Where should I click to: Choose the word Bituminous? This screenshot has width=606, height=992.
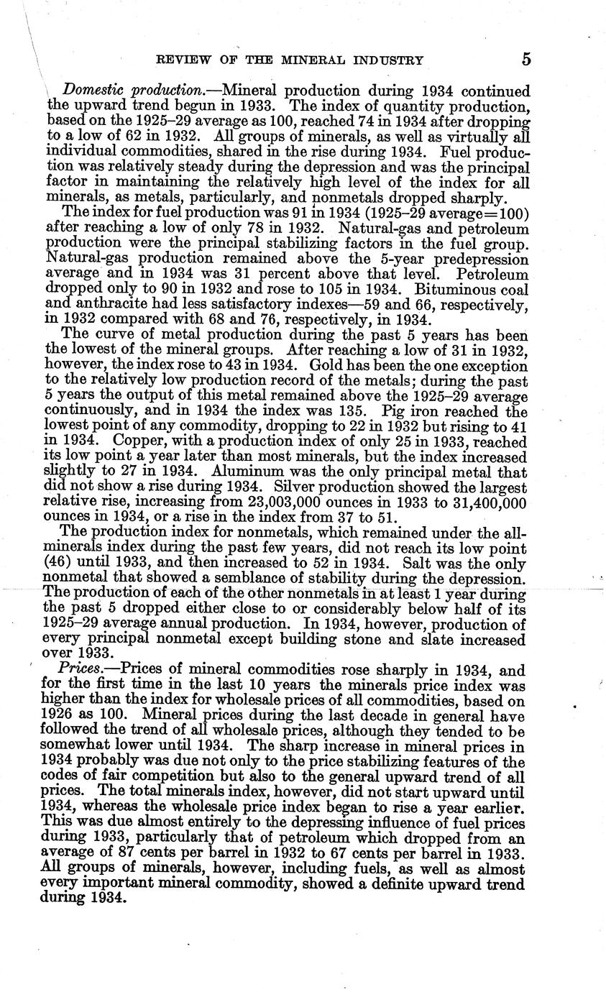click(x=433, y=290)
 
